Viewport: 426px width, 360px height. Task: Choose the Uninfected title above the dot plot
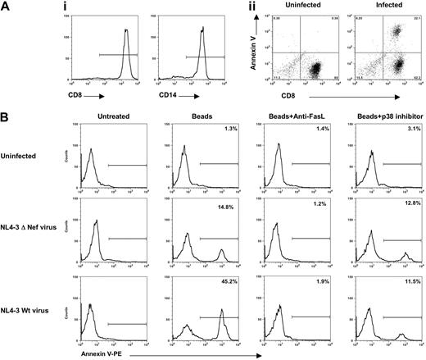click(x=303, y=11)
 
